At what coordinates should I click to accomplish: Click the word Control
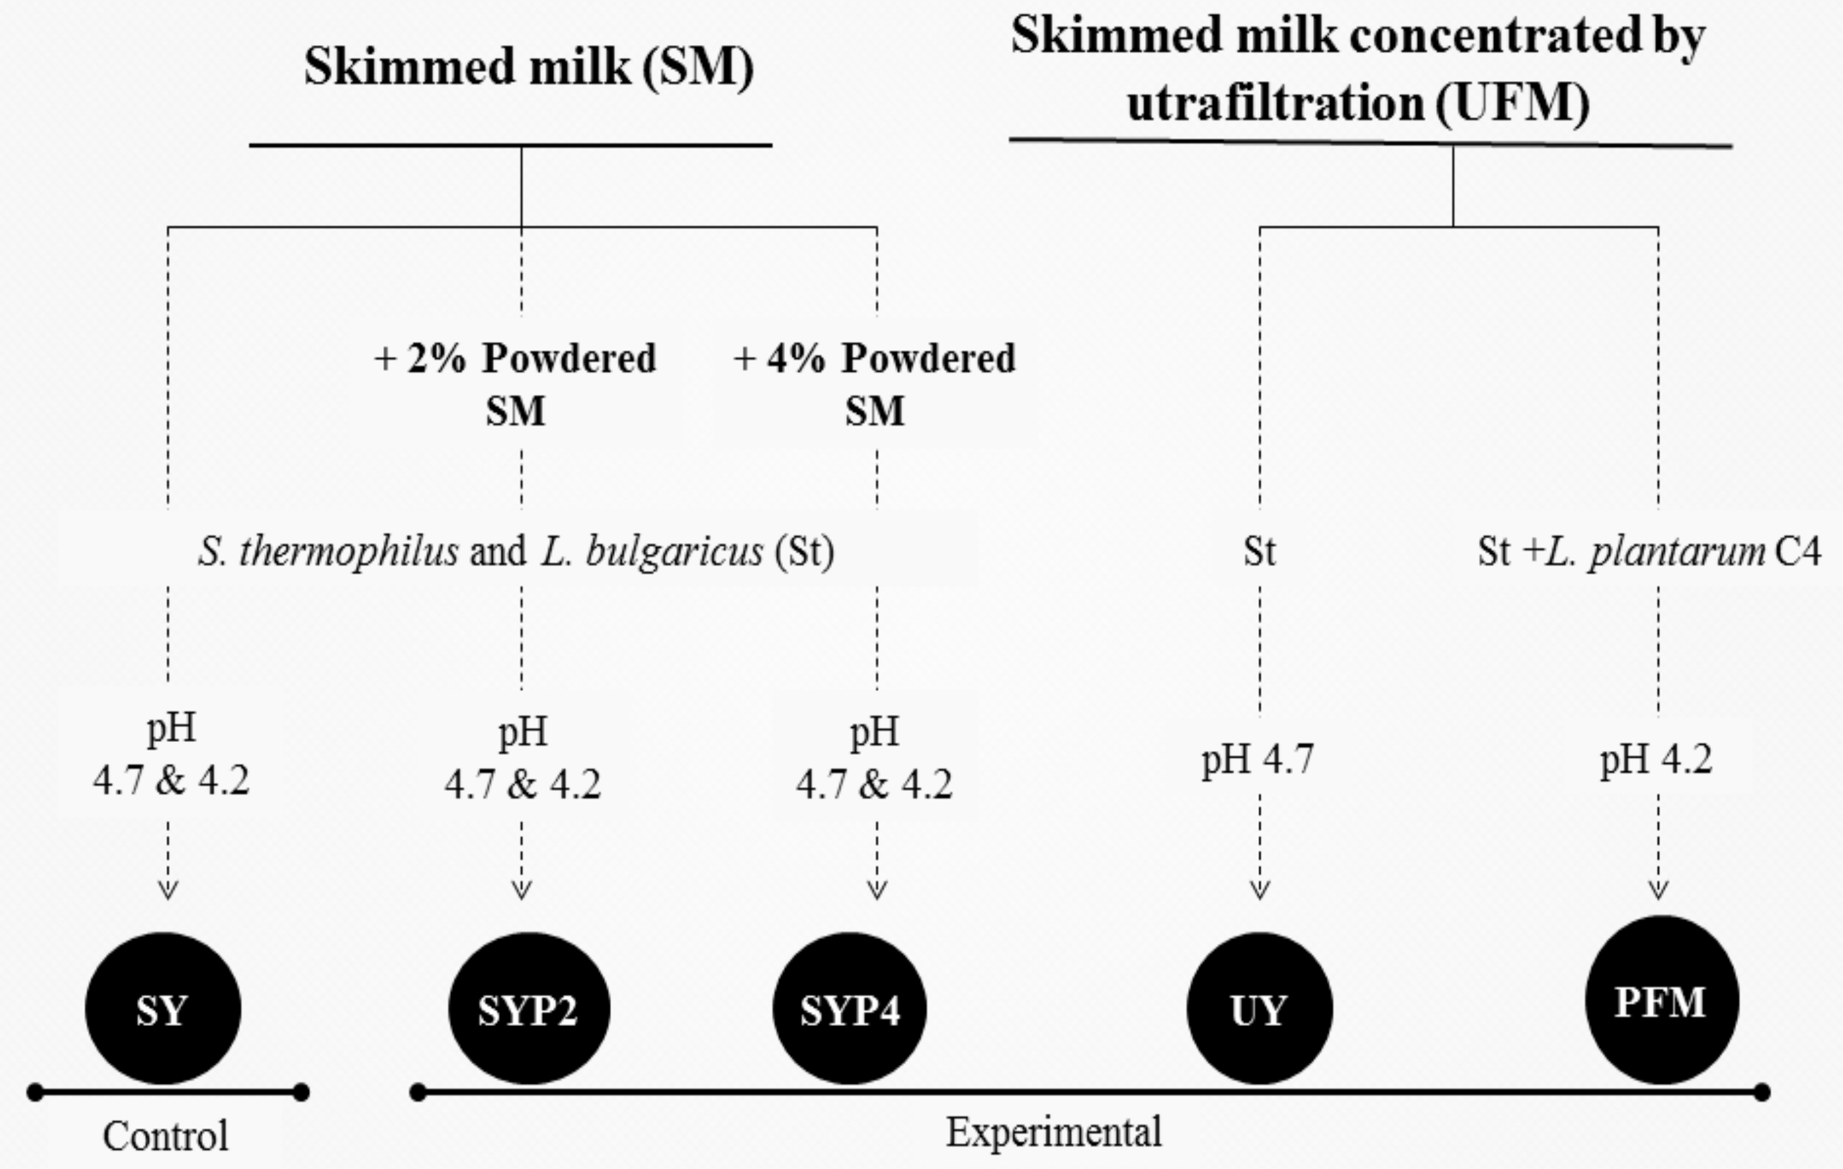click(165, 1136)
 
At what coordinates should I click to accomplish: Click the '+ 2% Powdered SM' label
click(515, 385)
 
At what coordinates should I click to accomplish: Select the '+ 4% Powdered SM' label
click(874, 385)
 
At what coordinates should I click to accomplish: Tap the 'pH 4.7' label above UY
click(1258, 760)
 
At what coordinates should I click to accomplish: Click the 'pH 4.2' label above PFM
click(1656, 760)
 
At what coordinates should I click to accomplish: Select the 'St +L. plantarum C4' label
click(1649, 551)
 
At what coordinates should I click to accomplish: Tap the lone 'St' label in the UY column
click(1259, 551)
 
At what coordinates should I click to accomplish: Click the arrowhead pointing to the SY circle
click(167, 889)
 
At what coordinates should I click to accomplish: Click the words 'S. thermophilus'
click(328, 551)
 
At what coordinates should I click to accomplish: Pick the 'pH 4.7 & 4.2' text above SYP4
click(874, 758)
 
